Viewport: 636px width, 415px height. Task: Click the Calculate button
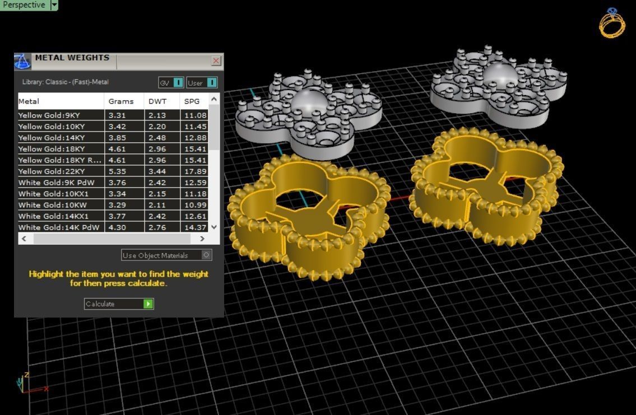coord(118,304)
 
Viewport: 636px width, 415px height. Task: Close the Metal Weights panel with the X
coord(216,60)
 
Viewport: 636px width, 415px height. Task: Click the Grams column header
coord(121,101)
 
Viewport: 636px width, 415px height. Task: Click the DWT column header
coord(157,101)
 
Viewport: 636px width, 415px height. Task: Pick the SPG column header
coord(192,101)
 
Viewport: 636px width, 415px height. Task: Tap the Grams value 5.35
coord(117,171)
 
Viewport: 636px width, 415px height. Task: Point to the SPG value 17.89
coord(195,171)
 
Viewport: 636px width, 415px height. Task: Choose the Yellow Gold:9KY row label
coord(49,115)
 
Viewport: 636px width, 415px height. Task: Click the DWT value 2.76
coord(157,227)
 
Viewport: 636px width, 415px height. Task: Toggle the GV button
coord(171,83)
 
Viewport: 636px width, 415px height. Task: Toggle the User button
coord(202,83)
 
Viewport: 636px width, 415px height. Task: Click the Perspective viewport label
coord(25,5)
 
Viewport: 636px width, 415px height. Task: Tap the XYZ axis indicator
coord(28,383)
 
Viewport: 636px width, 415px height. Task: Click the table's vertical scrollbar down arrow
coord(213,227)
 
